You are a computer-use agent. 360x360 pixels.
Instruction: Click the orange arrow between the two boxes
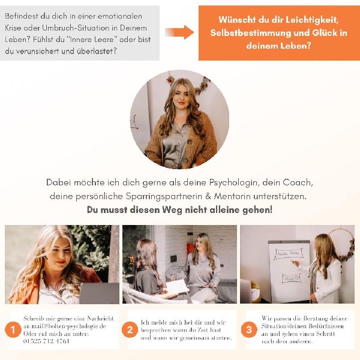[x=179, y=32]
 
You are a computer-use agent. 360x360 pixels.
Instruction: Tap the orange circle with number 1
[x=13, y=329]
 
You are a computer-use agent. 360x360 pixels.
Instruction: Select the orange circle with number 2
[x=130, y=329]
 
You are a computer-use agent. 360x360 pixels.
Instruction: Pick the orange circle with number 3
[x=249, y=329]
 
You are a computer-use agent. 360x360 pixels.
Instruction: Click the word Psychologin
[x=233, y=183]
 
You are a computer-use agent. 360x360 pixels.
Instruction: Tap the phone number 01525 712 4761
[x=46, y=341]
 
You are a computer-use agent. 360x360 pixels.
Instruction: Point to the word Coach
[x=298, y=182]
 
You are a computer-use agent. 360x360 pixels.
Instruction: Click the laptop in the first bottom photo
[x=99, y=293]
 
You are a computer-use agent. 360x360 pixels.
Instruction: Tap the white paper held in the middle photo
[x=177, y=287]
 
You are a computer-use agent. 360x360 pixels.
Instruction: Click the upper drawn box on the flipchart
[x=289, y=253]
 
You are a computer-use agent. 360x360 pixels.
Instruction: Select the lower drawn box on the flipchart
[x=292, y=278]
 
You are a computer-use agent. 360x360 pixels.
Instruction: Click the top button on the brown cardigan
[x=190, y=142]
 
